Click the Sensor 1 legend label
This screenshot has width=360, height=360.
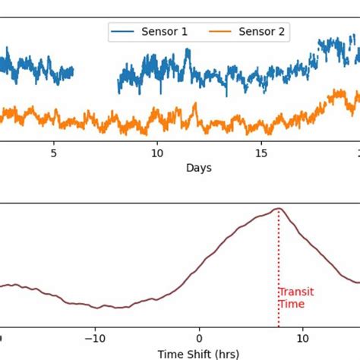click(164, 32)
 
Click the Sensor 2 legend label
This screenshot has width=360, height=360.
click(264, 32)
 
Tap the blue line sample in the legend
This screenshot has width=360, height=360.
click(125, 32)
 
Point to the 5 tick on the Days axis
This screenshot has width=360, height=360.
click(54, 152)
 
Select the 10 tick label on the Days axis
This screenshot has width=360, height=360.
click(157, 152)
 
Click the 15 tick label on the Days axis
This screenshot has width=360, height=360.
click(261, 152)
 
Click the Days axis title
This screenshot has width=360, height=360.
click(198, 167)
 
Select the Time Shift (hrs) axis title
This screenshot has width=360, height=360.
click(197, 353)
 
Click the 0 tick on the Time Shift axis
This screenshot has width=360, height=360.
click(199, 339)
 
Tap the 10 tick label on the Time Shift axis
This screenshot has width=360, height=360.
click(302, 339)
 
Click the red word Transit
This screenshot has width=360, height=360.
click(295, 292)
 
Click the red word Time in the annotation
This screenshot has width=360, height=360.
click(291, 304)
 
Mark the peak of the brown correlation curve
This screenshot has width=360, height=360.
click(279, 209)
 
